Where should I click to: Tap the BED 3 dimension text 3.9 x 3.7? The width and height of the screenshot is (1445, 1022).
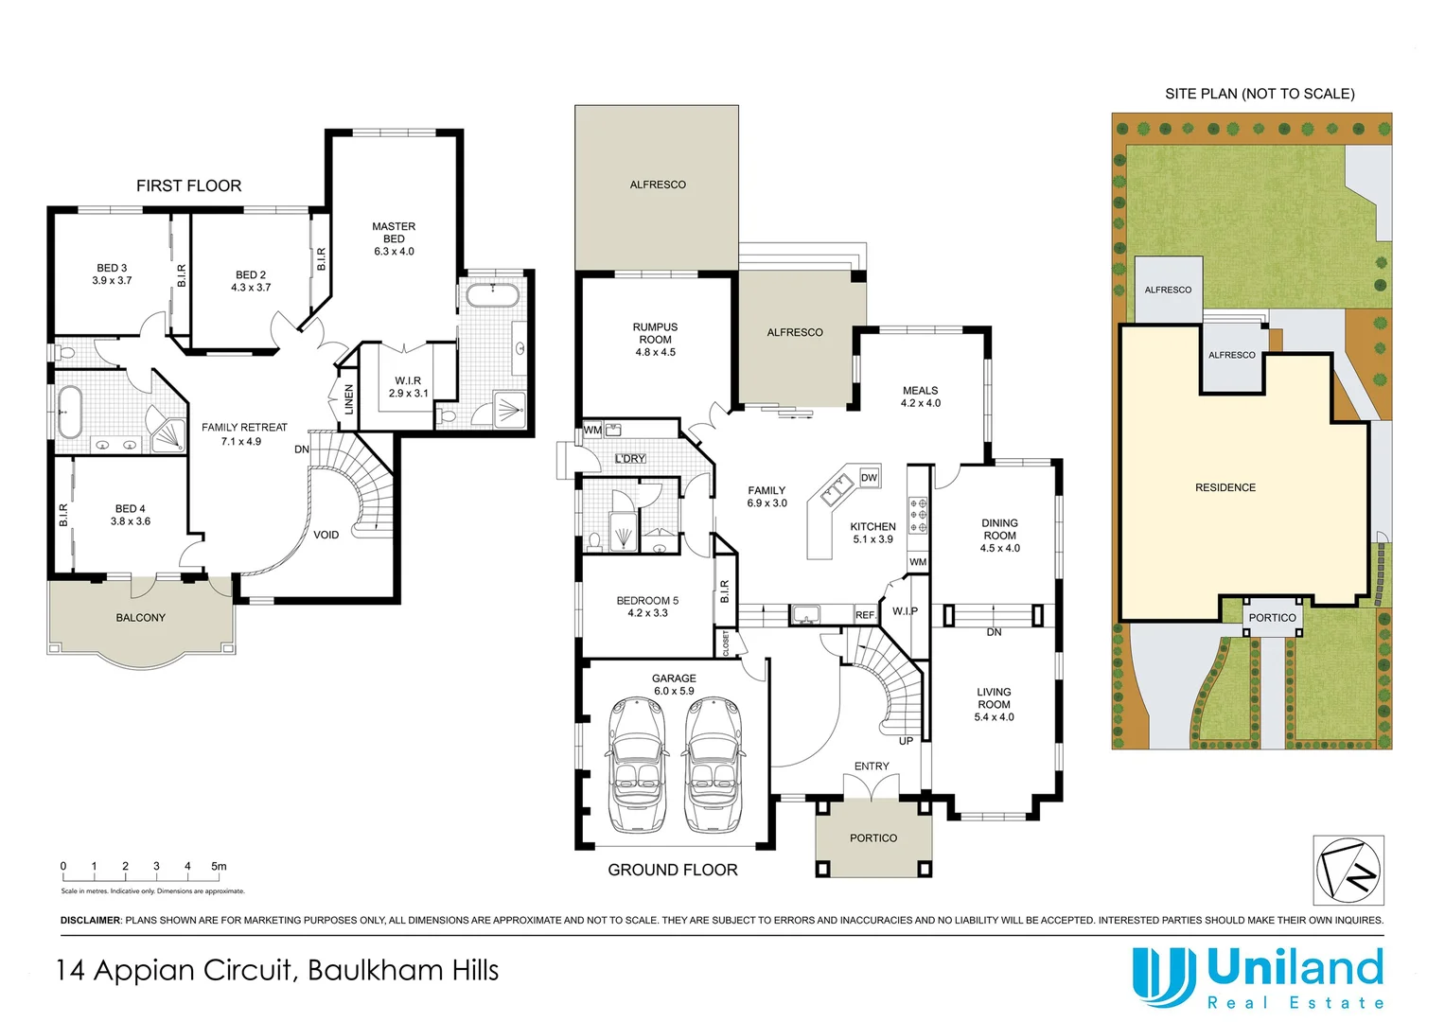click(112, 281)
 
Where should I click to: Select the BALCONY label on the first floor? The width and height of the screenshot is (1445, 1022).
click(140, 618)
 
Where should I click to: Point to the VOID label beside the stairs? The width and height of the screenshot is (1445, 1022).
click(326, 536)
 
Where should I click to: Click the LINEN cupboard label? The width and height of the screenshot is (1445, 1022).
click(348, 399)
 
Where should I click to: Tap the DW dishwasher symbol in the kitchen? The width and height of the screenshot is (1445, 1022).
click(869, 478)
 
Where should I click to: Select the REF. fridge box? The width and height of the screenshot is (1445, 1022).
click(865, 615)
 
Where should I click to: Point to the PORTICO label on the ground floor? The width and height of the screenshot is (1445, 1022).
click(872, 838)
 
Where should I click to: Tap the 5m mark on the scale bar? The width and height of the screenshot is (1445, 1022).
click(219, 867)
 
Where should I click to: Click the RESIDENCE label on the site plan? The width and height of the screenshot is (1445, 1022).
click(1225, 488)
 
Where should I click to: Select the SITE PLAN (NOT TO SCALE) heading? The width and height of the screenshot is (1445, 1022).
click(1260, 94)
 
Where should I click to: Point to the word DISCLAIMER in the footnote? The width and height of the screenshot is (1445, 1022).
click(91, 921)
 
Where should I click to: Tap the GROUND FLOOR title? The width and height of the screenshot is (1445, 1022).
click(672, 871)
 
